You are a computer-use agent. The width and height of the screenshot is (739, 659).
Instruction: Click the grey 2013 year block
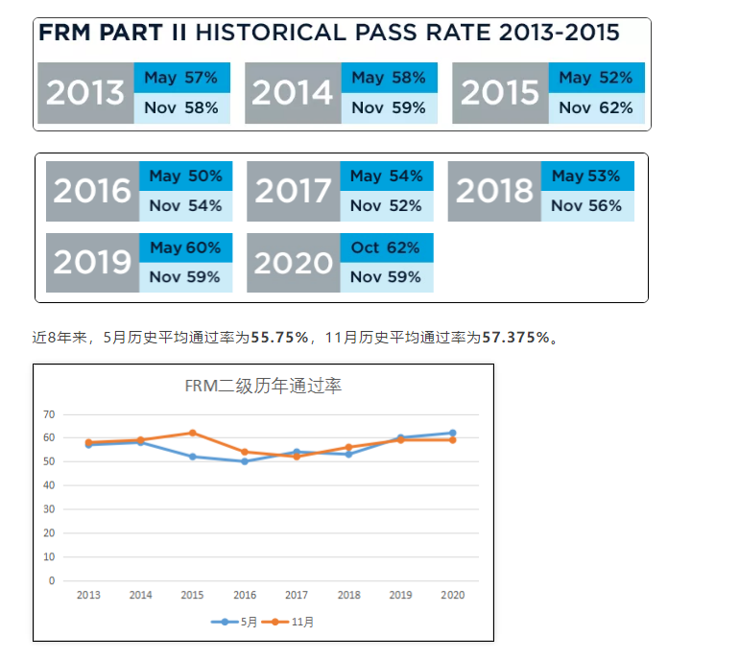click(x=85, y=93)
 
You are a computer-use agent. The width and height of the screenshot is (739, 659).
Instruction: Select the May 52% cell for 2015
click(x=596, y=78)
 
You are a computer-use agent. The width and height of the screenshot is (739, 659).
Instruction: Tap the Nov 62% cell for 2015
click(x=596, y=108)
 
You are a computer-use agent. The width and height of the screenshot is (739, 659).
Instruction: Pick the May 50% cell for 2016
click(x=186, y=177)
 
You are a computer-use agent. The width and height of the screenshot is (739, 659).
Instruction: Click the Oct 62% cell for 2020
click(x=386, y=247)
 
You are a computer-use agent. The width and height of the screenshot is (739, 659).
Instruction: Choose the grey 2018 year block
click(x=494, y=191)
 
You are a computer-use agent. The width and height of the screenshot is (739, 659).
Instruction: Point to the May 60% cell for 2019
click(x=186, y=247)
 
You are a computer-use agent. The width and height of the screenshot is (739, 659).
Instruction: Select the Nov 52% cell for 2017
click(x=386, y=205)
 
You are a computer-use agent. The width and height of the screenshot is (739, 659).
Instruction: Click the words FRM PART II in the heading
click(x=113, y=34)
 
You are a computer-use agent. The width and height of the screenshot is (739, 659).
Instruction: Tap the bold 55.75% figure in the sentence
click(x=279, y=338)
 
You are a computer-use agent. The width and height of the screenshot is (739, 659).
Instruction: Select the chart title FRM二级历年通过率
click(x=263, y=387)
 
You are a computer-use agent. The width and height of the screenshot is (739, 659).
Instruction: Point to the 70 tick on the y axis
click(x=49, y=414)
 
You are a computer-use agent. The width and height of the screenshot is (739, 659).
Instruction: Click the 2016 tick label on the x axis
click(x=245, y=596)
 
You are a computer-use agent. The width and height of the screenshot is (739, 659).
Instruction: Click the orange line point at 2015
click(x=193, y=433)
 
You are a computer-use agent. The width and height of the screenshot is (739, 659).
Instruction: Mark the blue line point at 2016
click(x=245, y=461)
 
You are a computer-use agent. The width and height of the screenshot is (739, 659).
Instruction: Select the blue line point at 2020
click(x=452, y=433)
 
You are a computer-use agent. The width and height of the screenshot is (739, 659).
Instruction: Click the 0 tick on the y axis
click(x=52, y=580)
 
